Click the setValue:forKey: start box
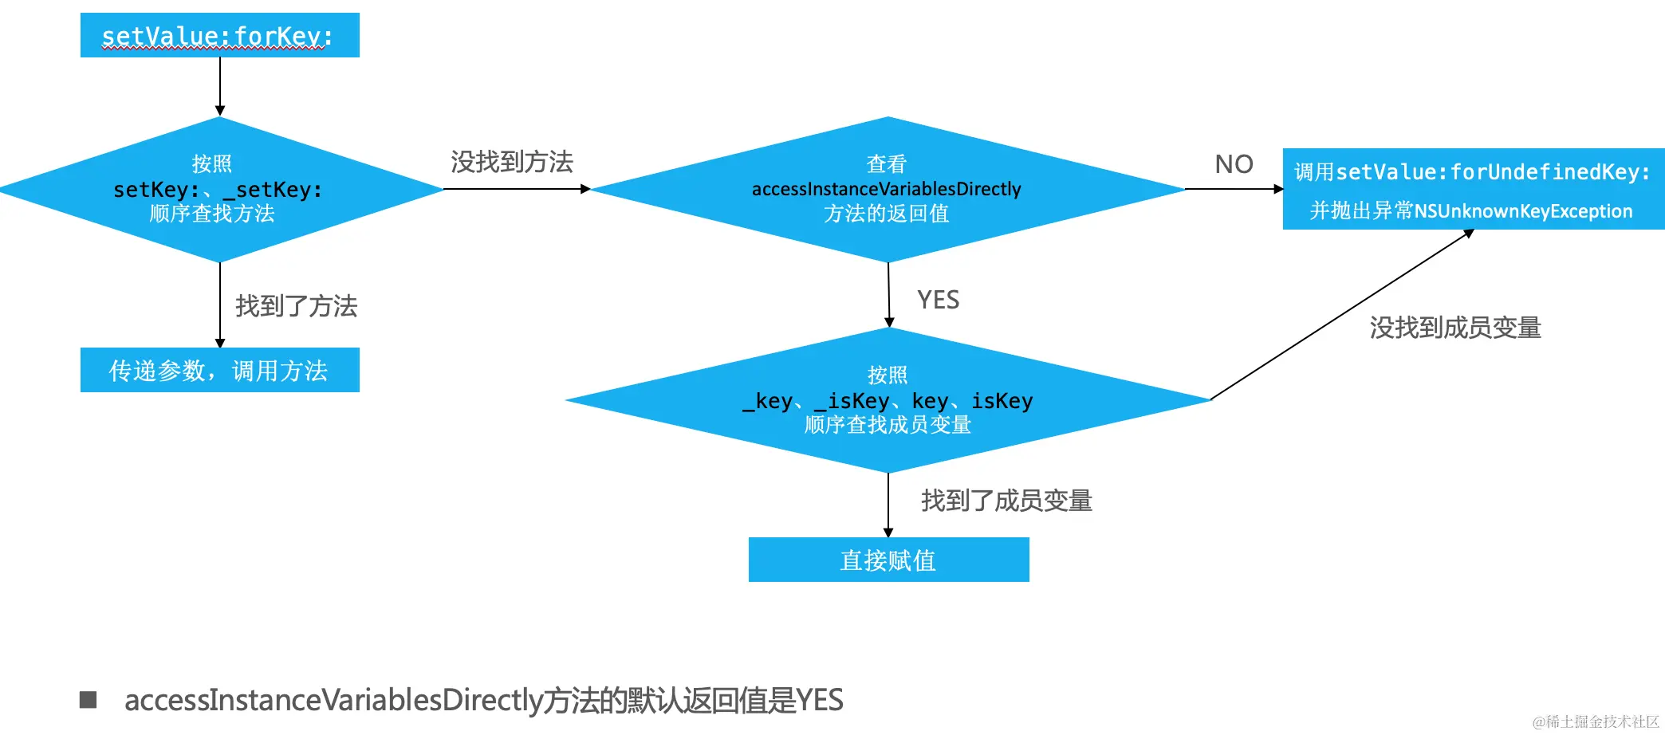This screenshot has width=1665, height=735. (x=219, y=35)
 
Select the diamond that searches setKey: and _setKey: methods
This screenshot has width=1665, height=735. (x=219, y=190)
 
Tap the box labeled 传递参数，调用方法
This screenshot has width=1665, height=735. (x=219, y=370)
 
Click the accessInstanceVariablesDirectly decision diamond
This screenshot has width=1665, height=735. (x=887, y=190)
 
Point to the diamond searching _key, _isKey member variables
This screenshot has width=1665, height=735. (x=887, y=400)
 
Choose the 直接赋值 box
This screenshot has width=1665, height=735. (x=888, y=560)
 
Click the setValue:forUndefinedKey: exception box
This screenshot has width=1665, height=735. (x=1472, y=189)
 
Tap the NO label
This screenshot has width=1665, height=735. (x=1234, y=164)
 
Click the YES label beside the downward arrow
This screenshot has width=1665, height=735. (x=938, y=300)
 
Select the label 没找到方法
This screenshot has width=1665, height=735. (x=512, y=162)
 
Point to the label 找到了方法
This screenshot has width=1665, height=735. (x=296, y=306)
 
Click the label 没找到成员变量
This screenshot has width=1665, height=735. (x=1455, y=328)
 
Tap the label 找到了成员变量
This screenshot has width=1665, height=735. (x=1006, y=501)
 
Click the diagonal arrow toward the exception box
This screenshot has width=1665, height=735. (x=1341, y=315)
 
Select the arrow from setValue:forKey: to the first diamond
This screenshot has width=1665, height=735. (x=220, y=86)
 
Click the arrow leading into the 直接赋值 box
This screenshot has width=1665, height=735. (x=888, y=505)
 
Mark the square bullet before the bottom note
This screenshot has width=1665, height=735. (x=89, y=700)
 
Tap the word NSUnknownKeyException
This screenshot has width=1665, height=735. (x=1523, y=211)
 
